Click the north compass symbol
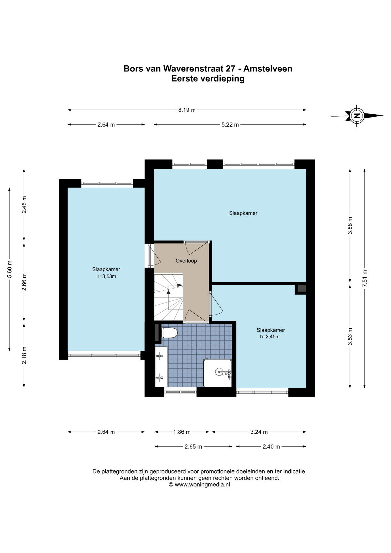click(x=357, y=116)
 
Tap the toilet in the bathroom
click(x=169, y=333)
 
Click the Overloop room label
click(x=186, y=261)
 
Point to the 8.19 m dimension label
click(x=187, y=110)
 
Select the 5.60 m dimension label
click(x=10, y=269)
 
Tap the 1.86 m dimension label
click(x=182, y=432)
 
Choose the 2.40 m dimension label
click(x=271, y=446)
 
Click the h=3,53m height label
click(x=106, y=276)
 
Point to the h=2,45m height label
click(x=270, y=336)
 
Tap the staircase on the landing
click(x=169, y=297)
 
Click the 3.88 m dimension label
click(x=350, y=226)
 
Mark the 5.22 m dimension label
click(x=230, y=125)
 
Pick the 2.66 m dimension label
click(x=24, y=282)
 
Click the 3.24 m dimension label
click(x=259, y=432)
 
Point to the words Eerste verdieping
click(x=208, y=78)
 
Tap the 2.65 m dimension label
click(x=193, y=446)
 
